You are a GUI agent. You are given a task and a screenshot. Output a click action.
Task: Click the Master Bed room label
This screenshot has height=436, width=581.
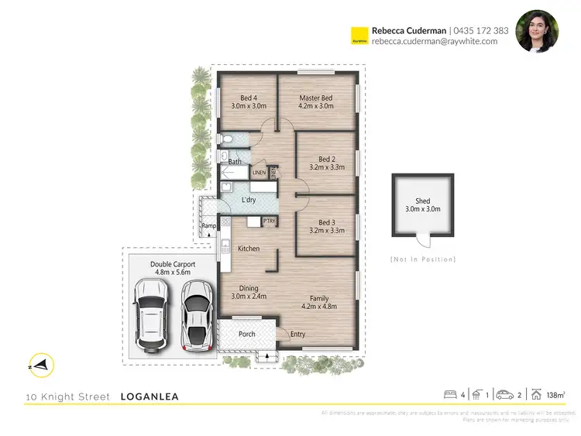316,101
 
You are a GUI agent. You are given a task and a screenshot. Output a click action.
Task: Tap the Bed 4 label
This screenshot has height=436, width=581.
249,101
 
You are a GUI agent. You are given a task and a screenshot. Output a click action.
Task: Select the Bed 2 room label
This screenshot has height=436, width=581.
326,162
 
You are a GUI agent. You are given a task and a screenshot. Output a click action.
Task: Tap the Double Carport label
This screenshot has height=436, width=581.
173,268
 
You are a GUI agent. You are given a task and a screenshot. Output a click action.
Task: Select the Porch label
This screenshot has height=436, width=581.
246,334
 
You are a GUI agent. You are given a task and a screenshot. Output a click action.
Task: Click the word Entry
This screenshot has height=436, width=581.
297,335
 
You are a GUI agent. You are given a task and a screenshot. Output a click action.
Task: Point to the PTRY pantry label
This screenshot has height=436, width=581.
270,221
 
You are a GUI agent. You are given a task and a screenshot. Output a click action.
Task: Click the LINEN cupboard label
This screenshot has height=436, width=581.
259,172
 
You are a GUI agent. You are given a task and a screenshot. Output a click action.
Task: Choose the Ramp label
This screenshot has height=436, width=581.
208,226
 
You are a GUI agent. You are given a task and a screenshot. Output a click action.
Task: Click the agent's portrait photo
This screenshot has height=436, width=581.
537,32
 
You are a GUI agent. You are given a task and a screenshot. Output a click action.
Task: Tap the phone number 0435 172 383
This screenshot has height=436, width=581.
481,31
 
